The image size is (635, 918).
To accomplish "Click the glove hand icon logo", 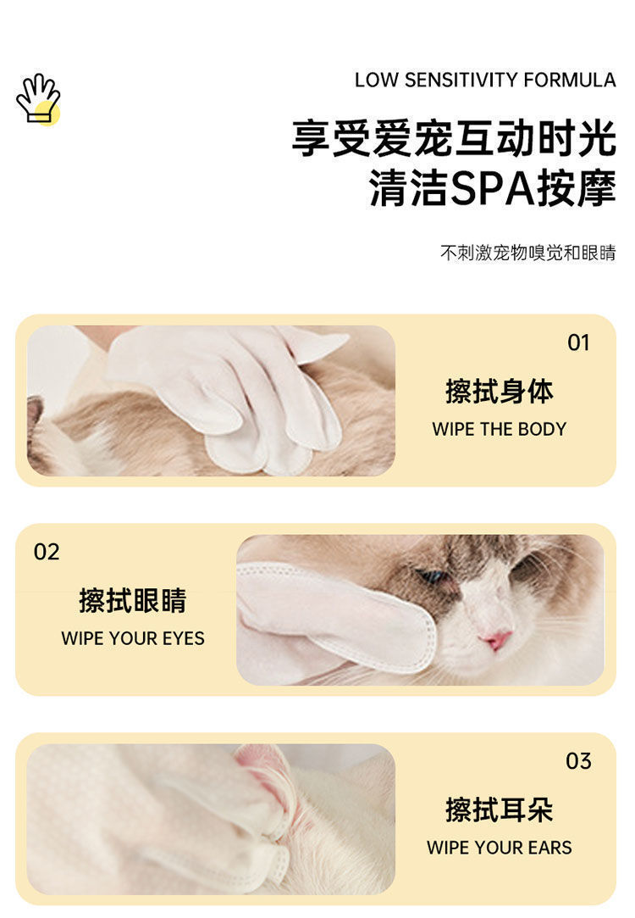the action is point(38,98).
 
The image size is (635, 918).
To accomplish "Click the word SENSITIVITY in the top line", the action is point(461,81).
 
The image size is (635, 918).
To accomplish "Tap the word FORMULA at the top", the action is point(570,81).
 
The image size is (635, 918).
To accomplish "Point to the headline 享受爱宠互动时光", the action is point(454,138).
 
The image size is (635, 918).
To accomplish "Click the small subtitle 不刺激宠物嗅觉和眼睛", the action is point(528,253).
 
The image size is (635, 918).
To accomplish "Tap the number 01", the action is point(578,343).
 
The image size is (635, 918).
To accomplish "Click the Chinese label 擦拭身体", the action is point(500,391).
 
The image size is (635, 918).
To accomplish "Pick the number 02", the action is point(47,552).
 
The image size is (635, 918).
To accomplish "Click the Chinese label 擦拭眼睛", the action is point(133,600).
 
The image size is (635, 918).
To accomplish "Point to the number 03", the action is point(578,761).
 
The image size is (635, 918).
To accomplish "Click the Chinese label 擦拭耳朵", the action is point(500,810).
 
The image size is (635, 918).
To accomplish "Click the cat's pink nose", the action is point(496,639).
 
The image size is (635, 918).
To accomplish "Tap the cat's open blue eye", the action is point(432,576).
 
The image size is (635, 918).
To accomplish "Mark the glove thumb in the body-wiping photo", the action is point(316,347).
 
